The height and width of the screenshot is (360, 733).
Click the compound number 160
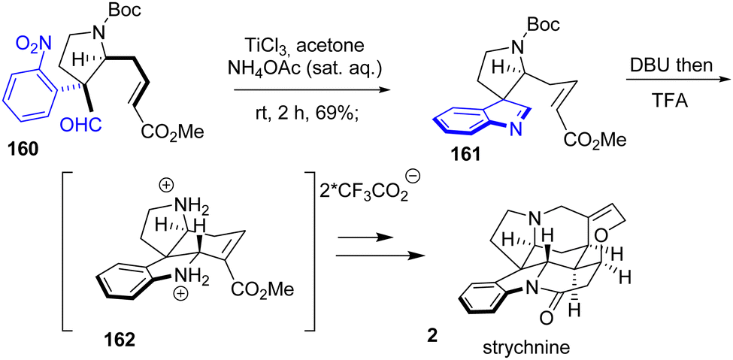(x=22, y=152)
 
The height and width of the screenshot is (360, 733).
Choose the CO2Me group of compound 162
(x=262, y=291)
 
